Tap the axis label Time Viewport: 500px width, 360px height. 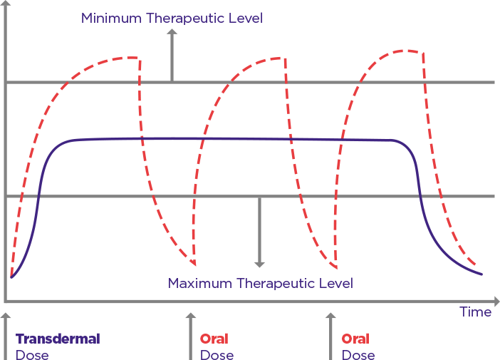[475, 312]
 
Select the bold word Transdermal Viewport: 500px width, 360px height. [58, 339]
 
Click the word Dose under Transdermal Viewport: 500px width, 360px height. [32, 354]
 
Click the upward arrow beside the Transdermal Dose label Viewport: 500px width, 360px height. [6, 335]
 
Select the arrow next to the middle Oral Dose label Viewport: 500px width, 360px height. [190, 335]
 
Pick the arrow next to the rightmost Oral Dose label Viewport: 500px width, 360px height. [330, 335]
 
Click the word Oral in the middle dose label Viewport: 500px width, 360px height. [214, 339]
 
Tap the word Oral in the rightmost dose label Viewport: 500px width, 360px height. [355, 339]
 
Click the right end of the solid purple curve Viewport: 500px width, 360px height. [482, 274]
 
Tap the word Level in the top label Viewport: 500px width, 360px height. [246, 18]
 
